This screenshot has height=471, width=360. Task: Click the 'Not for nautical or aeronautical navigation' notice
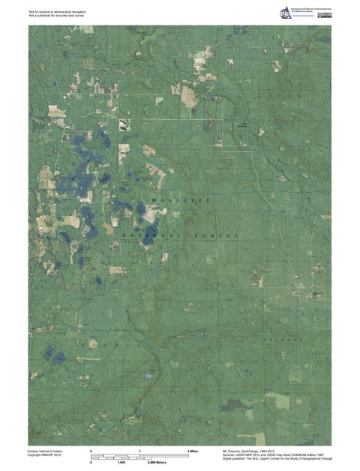point(60,12)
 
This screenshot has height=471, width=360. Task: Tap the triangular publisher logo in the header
point(286,13)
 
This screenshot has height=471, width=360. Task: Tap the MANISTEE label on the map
point(180,202)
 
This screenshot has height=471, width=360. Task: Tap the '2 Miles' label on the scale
point(193,450)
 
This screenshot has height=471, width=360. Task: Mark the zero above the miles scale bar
point(91,450)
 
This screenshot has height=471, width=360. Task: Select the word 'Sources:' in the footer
point(231,454)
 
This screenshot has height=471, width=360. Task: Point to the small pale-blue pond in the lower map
point(149,374)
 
